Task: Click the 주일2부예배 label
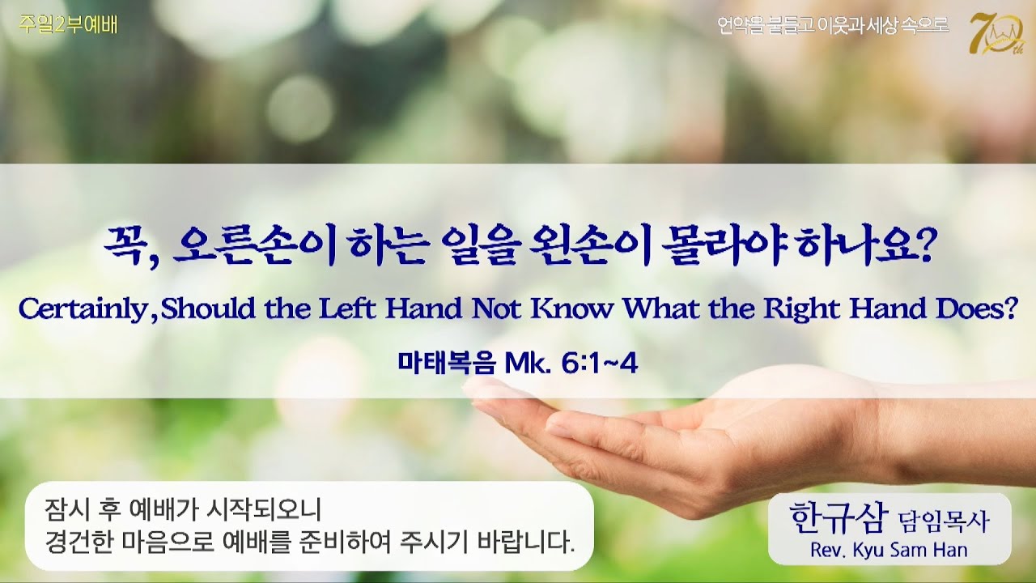point(70,25)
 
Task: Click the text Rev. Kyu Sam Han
point(889,551)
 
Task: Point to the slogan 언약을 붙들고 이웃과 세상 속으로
point(833,26)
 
